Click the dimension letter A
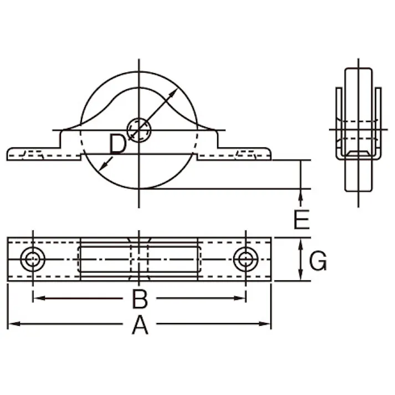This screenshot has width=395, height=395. click(140, 325)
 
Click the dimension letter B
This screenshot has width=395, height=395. click(140, 299)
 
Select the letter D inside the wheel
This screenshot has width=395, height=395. click(118, 145)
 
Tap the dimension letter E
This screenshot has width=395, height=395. click(301, 220)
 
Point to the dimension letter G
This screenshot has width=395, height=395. click(317, 261)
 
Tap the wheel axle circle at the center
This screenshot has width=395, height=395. click(139, 131)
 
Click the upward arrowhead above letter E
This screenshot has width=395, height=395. click(301, 193)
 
